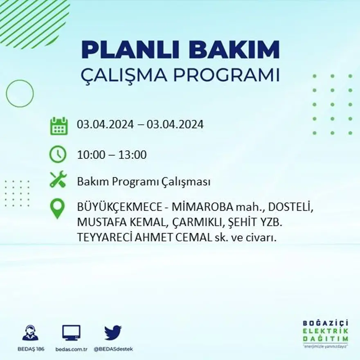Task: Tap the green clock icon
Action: pos(58,154)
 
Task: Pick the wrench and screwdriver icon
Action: pos(58,180)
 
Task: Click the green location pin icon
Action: pos(57,208)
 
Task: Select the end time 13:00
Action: pos(133,155)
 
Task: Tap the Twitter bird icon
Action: pos(113,333)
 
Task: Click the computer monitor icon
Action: pos(71,333)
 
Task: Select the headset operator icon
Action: pos(30,333)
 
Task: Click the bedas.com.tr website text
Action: pos(71,349)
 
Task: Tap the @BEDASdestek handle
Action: pos(113,349)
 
